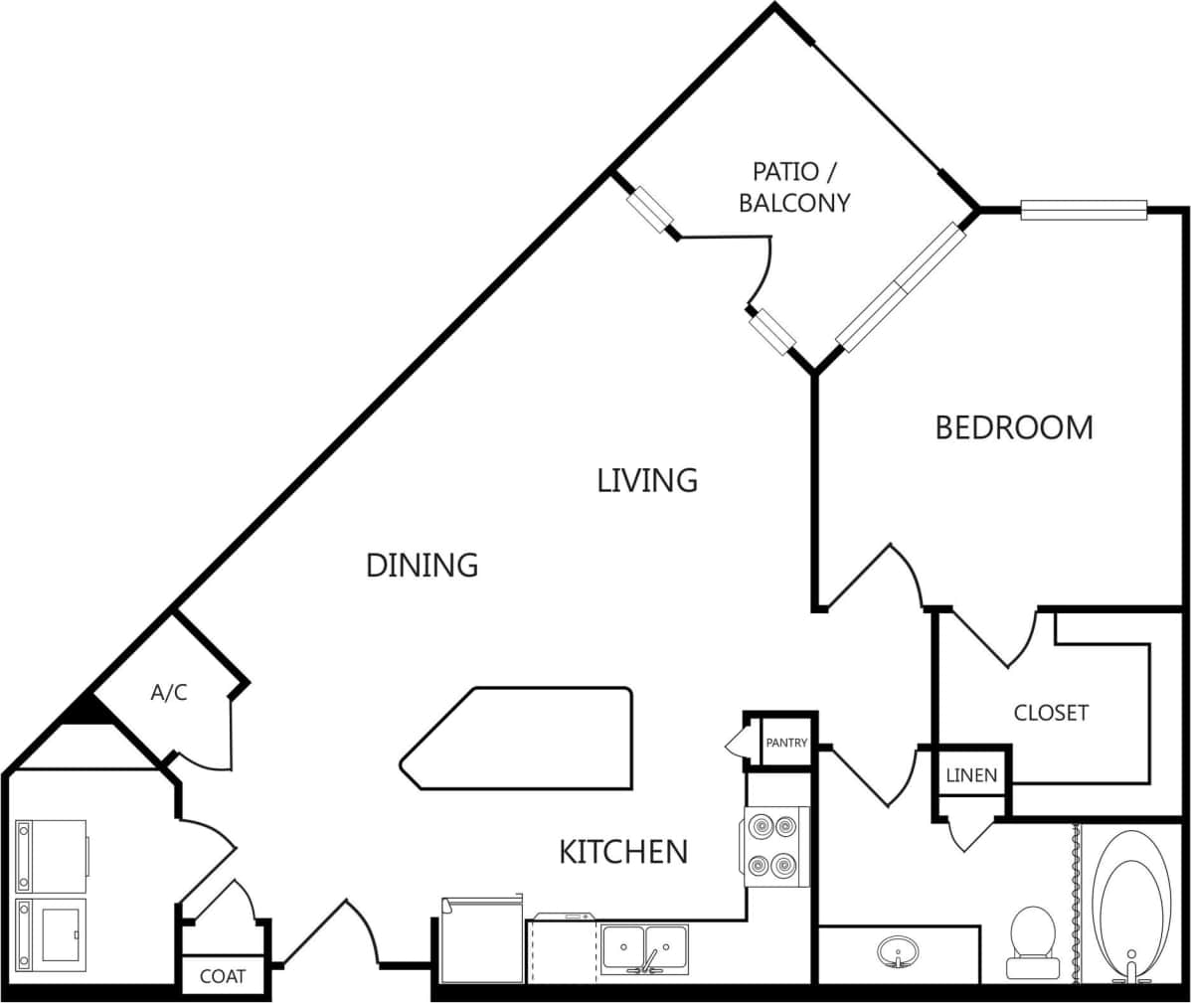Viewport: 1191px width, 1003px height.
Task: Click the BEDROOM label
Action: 1014,427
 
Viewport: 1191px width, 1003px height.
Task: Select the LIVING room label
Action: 647,480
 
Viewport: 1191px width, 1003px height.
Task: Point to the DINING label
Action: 423,565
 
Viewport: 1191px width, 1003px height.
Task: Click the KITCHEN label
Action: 623,852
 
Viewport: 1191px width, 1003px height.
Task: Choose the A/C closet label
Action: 169,693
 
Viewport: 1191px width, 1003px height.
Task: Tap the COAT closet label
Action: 223,976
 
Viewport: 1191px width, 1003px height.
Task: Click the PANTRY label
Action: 785,743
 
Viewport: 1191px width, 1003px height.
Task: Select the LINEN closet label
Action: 971,775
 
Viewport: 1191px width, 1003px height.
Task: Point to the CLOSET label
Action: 1051,713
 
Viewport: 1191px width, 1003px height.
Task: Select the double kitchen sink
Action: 644,948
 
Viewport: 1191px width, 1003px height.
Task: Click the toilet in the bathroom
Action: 1030,940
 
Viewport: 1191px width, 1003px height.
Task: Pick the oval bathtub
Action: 1130,905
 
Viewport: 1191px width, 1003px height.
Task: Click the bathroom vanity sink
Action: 897,951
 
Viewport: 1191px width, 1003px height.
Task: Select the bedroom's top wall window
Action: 1084,210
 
